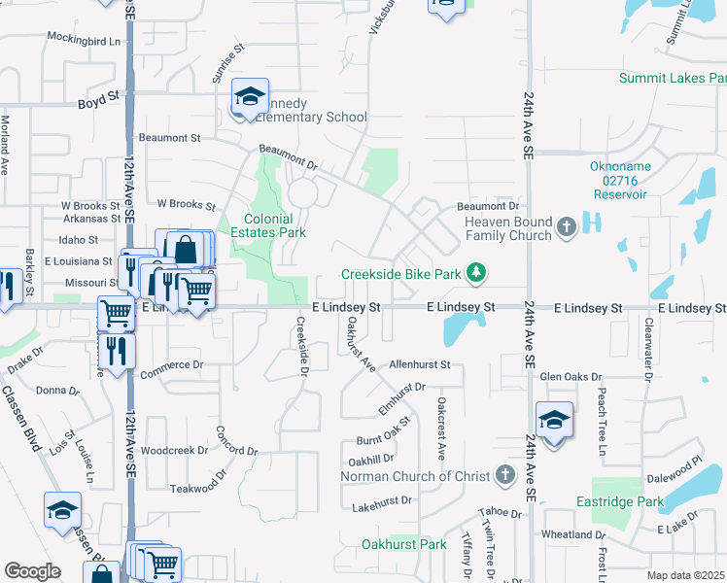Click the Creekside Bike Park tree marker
pos(475,274)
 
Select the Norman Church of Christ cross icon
pos(503,475)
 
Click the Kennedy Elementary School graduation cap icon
pos(250,97)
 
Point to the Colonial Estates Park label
pos(267,225)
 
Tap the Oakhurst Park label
pos(403,545)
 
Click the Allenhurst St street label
pos(420,364)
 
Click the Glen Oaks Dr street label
pos(571,376)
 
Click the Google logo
pos(33,571)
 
